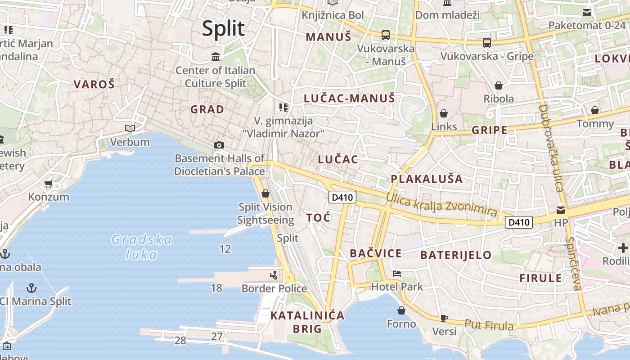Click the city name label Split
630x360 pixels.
coord(223,28)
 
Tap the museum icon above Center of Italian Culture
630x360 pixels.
coord(216,57)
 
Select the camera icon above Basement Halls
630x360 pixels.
coord(219,145)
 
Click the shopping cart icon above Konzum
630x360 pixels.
coord(49,184)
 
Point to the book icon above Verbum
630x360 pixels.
coord(130,129)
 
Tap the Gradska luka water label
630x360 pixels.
coord(141,247)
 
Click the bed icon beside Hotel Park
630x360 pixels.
coord(396,273)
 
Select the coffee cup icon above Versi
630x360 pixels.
coord(444,319)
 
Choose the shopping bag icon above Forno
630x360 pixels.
coord(401,310)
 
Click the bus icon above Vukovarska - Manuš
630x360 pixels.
coord(386,35)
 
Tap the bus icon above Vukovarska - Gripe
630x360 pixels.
coord(487,43)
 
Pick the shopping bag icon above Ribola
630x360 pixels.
coord(499,85)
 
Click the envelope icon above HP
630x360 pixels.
coord(561,210)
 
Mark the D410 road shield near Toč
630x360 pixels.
coord(342,197)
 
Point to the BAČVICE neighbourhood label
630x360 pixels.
coord(376,253)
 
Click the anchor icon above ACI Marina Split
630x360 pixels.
coord(31,288)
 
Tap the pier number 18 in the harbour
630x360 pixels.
coord(216,288)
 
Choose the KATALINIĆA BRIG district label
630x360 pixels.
coord(307,322)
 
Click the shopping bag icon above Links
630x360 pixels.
coord(444,113)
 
